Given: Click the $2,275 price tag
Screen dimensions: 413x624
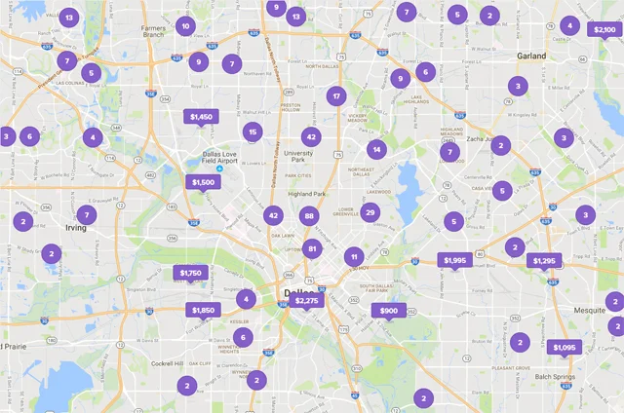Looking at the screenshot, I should (x=306, y=301).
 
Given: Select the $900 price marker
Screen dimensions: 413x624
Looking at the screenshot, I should (x=387, y=311).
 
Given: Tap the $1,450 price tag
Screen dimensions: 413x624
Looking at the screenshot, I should (x=201, y=117).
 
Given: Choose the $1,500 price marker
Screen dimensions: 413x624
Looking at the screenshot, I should (x=203, y=182).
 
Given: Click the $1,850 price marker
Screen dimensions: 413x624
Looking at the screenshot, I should (x=202, y=311).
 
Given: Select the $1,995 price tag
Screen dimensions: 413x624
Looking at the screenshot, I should (x=455, y=260).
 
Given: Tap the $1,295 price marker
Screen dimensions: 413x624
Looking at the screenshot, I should (x=544, y=260).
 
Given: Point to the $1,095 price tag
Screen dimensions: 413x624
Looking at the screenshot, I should (x=565, y=348).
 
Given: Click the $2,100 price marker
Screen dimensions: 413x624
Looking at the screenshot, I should (x=604, y=30).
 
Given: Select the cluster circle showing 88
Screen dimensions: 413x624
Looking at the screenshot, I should (x=310, y=216).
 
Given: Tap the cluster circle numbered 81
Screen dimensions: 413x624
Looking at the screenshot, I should (x=313, y=249).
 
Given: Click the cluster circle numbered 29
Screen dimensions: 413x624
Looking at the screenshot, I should (x=370, y=213).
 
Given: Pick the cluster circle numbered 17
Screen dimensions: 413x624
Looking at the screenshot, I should (x=336, y=95).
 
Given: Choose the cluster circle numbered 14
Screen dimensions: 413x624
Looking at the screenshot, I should (x=376, y=149).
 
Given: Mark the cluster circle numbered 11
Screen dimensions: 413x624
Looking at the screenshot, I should (x=352, y=256).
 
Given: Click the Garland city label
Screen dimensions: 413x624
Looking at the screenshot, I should (x=531, y=56).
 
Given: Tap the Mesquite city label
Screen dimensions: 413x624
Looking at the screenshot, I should (x=590, y=310).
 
